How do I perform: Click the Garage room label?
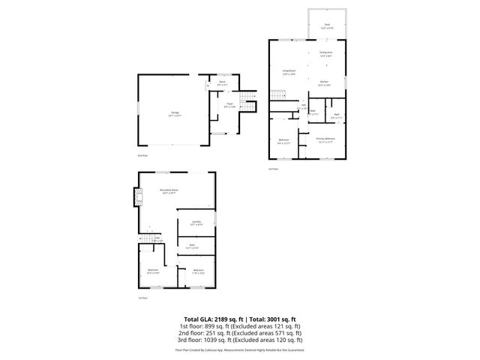click(x=174, y=113)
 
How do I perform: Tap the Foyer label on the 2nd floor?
click(x=229, y=106)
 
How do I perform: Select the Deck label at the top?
click(x=327, y=26)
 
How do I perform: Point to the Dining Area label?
click(x=325, y=53)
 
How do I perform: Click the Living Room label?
click(x=289, y=72)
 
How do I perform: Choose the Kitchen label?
click(x=325, y=82)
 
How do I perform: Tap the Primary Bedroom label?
click(x=325, y=139)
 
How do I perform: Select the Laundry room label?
click(x=196, y=223)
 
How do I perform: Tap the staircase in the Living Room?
click(x=279, y=94)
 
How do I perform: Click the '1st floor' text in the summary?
click(x=191, y=327)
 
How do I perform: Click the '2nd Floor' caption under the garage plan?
click(x=142, y=155)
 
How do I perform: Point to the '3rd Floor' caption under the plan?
click(x=274, y=169)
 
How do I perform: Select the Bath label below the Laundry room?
click(x=193, y=246)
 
